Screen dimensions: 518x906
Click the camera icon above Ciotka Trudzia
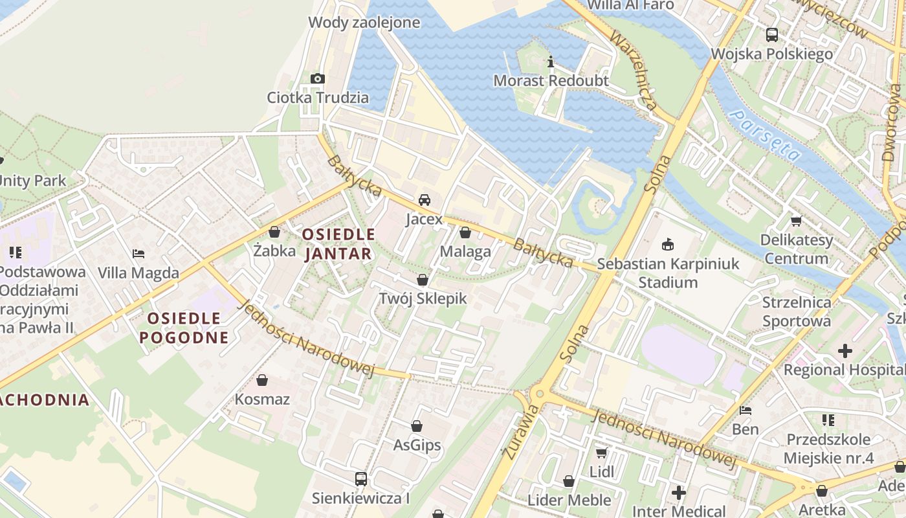coord(317,79)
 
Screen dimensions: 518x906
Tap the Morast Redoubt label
coord(551,80)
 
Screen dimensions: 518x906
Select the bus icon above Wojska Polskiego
coord(771,35)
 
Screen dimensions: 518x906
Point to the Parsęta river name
coord(764,135)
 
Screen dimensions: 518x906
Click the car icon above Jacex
coord(424,200)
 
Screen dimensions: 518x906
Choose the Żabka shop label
coord(274,250)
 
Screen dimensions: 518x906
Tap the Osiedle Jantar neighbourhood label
coord(338,243)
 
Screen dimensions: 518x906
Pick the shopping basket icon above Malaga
coord(465,232)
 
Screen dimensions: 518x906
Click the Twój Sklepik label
coord(423,298)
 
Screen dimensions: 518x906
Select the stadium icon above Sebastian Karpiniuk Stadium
coord(667,245)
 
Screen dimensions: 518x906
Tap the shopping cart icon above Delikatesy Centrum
coord(796,221)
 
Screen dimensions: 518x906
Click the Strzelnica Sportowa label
coord(797,311)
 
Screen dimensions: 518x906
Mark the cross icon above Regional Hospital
coord(845,351)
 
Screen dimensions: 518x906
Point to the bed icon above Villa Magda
coord(138,254)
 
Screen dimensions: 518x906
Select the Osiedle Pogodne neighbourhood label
coord(184,328)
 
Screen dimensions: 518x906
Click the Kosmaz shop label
coord(262,399)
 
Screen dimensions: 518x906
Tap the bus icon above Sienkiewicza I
coord(360,479)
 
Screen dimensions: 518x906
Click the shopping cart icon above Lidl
coord(601,453)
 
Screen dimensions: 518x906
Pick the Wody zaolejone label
coord(364,23)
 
